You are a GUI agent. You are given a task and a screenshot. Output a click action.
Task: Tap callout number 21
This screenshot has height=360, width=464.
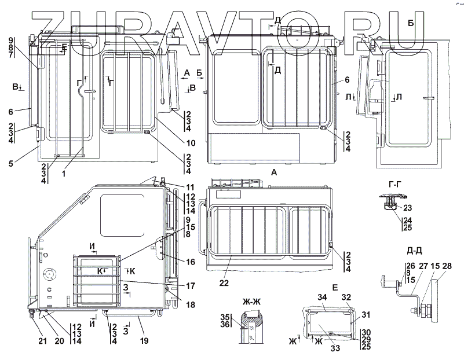pos(42,341)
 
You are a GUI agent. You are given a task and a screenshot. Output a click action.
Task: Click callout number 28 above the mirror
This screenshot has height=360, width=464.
pos(447,266)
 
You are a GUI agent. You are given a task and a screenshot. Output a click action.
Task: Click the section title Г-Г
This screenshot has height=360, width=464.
pos(396,185)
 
